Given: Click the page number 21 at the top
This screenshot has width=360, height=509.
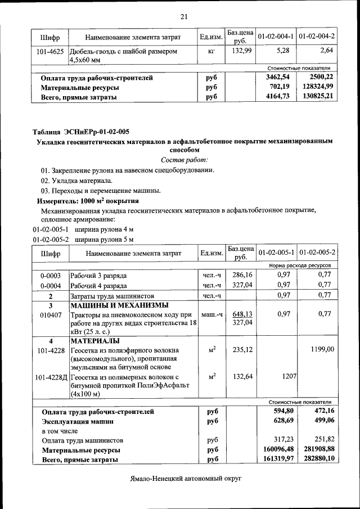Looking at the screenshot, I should point(183,16).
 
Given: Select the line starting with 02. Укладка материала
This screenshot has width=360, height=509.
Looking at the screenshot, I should point(76,181).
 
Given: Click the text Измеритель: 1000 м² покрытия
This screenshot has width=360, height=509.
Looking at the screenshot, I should point(88,200).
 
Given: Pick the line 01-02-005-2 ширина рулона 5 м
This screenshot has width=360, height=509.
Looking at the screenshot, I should point(83,239).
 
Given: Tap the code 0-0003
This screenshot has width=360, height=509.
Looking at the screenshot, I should point(51,276).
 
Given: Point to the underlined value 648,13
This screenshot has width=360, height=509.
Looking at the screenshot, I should point(240,314).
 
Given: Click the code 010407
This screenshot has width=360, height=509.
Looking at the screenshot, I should point(51,314).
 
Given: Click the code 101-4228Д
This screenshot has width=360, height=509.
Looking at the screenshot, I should point(51,376).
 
